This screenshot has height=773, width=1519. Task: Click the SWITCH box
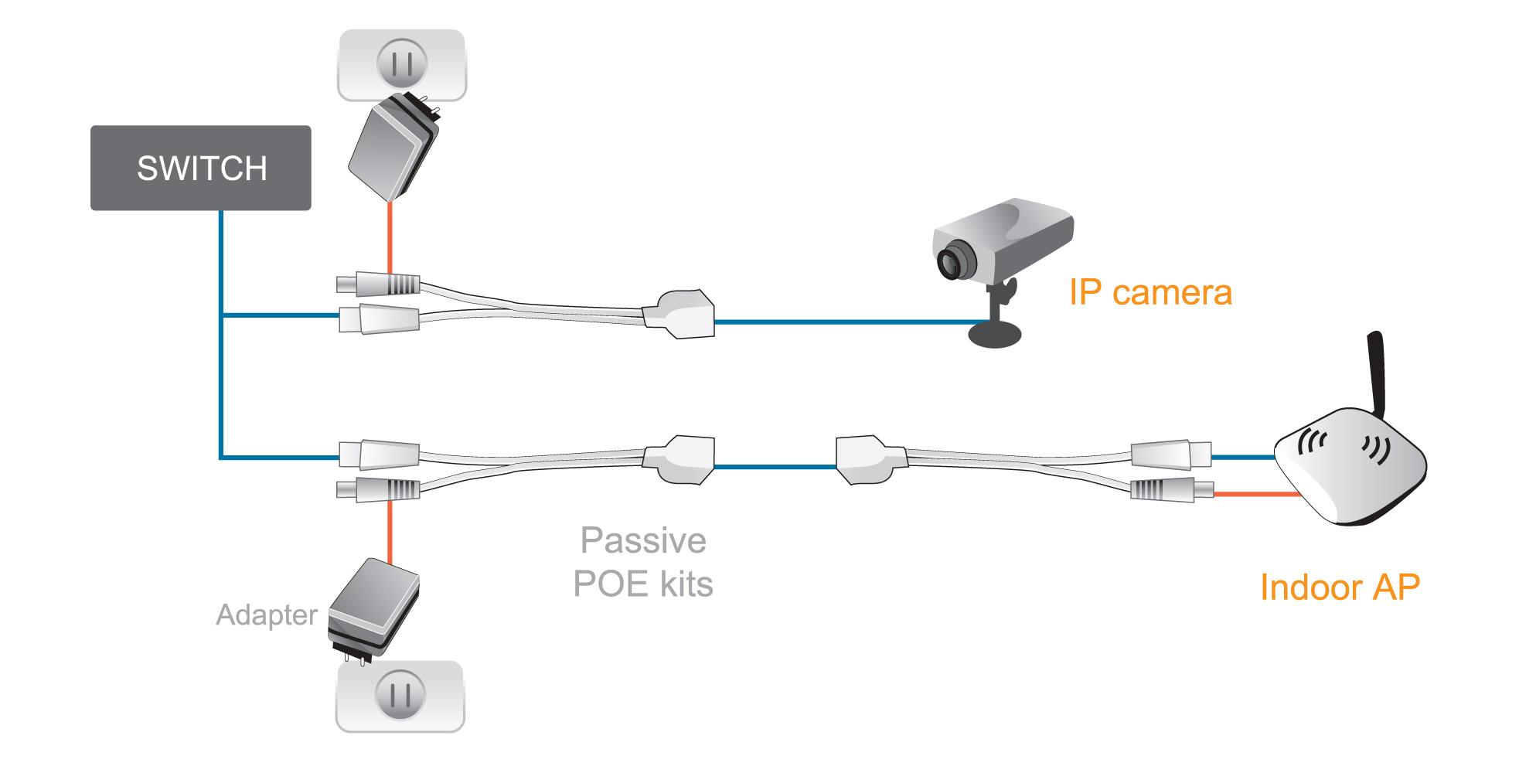point(201,168)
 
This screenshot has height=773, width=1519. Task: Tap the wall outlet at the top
point(402,65)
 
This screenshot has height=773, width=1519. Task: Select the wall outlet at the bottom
point(400,695)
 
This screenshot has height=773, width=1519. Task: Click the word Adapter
point(267,615)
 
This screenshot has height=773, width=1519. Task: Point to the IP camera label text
point(1150,293)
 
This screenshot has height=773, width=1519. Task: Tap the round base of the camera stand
point(996,334)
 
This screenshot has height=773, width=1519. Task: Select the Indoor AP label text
point(1340,587)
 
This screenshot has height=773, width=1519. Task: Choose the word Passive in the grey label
point(643,540)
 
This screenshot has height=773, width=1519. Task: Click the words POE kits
point(643,584)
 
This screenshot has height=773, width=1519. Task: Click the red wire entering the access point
point(1256,493)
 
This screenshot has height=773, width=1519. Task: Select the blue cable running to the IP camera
point(843,321)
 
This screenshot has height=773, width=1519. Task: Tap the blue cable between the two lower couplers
point(775,466)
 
